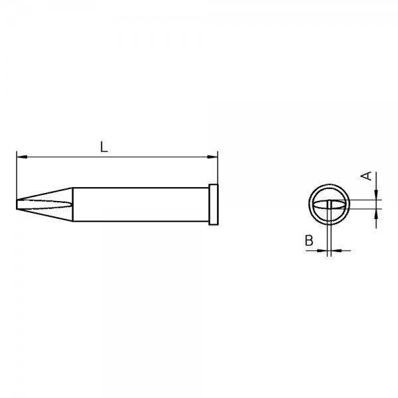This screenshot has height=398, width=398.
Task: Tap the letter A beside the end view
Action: [x=364, y=176]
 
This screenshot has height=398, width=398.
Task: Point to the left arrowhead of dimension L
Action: [x=20, y=157]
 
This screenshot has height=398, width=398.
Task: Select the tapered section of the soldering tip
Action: [x=46, y=203]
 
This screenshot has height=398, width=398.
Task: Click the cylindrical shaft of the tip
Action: [x=139, y=203]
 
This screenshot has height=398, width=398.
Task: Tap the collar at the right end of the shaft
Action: [x=213, y=203]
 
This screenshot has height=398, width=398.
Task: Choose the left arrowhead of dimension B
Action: [x=325, y=250]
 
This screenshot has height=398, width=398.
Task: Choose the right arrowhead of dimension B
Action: [x=334, y=250]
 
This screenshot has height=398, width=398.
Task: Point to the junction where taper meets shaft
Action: [x=72, y=203]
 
